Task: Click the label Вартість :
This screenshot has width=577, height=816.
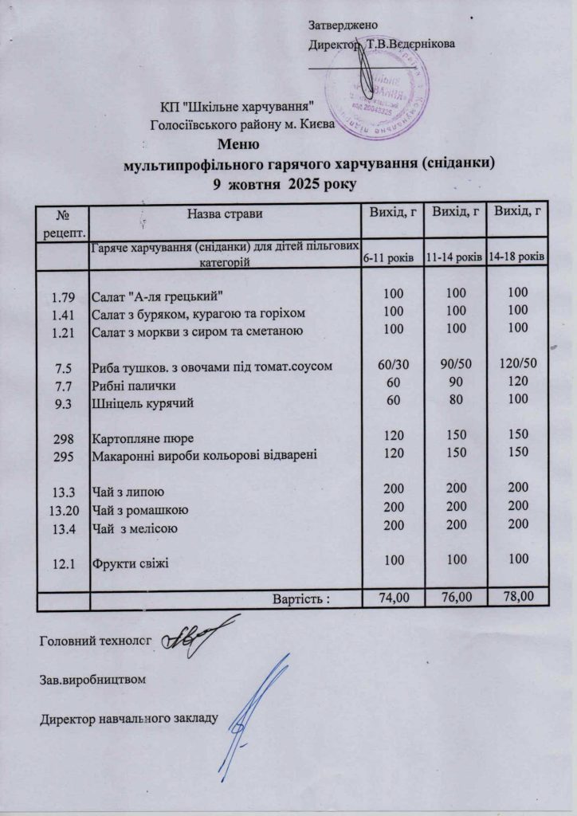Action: [302, 597]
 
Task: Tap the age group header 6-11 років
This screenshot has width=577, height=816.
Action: [387, 260]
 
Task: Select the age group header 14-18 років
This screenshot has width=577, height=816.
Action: [517, 259]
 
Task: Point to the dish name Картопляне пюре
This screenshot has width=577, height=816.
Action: [143, 439]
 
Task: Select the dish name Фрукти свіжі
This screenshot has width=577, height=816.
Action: [131, 563]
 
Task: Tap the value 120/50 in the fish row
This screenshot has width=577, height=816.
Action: [517, 366]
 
